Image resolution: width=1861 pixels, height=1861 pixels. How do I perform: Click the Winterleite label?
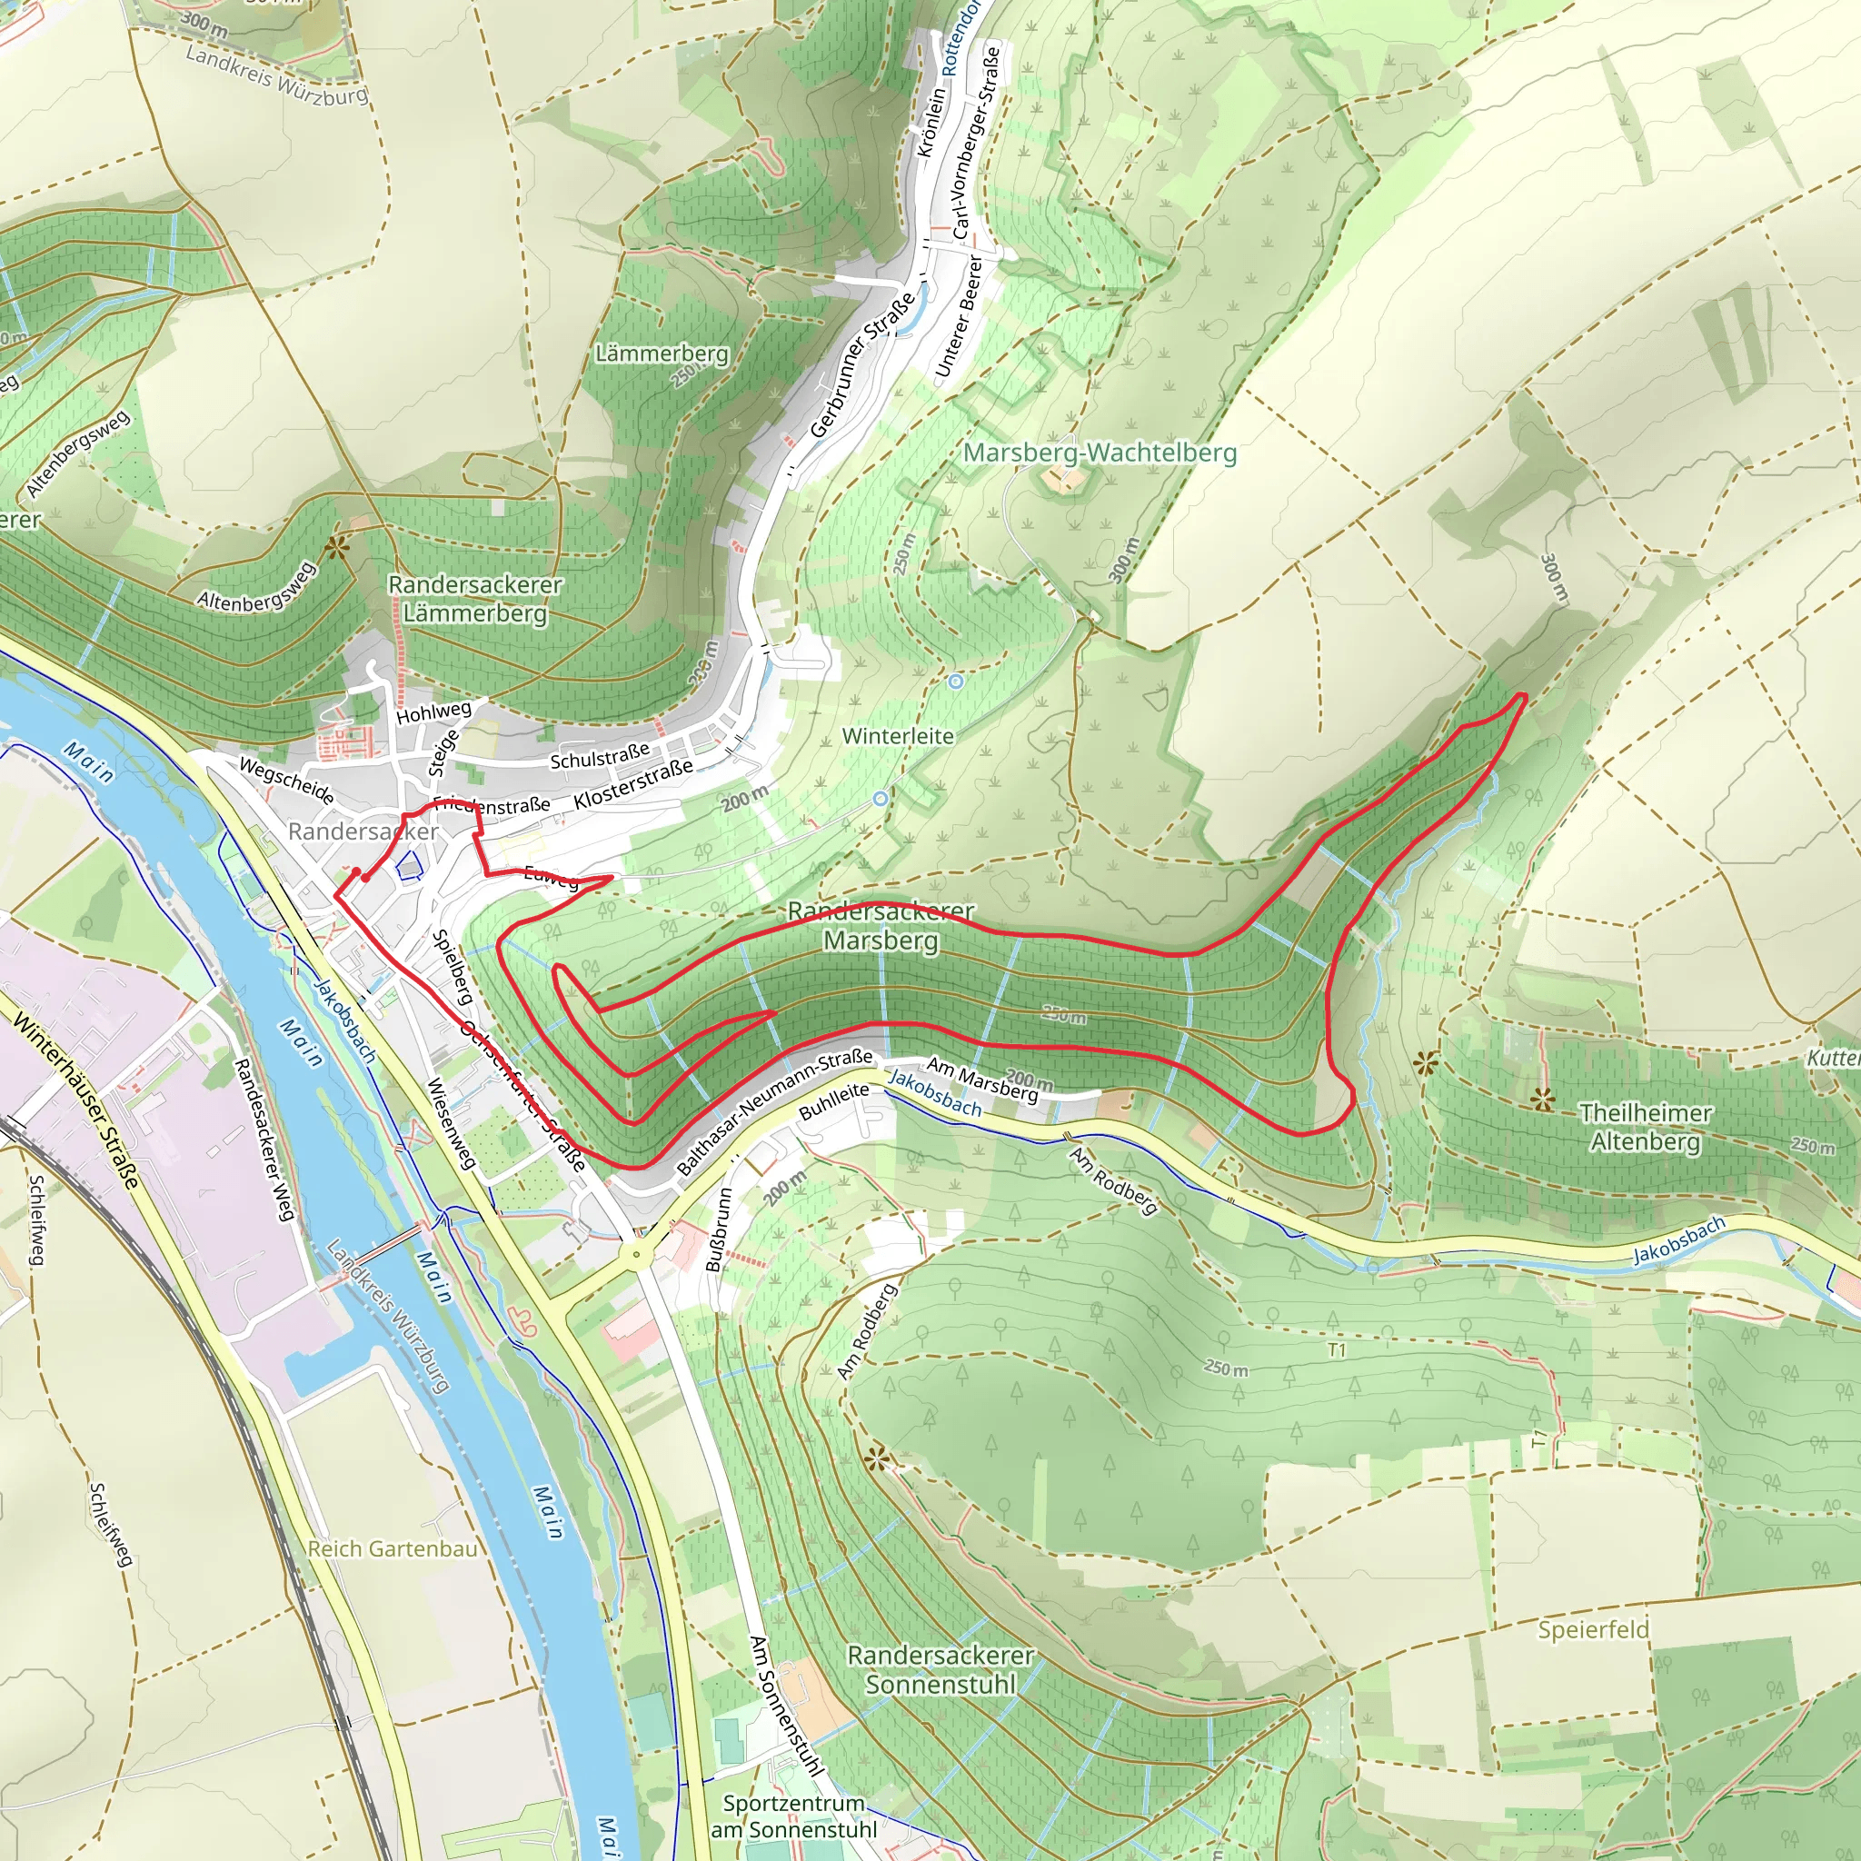point(898,736)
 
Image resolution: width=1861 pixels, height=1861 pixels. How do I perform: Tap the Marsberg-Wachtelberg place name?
point(1100,452)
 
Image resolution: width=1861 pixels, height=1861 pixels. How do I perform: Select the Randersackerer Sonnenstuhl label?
point(940,1669)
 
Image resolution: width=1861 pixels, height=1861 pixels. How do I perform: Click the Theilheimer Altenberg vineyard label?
point(1646,1127)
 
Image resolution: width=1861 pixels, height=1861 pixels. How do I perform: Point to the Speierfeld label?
point(1593,1629)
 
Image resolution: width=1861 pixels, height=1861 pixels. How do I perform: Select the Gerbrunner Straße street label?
point(862,366)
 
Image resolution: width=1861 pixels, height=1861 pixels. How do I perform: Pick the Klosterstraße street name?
point(632,784)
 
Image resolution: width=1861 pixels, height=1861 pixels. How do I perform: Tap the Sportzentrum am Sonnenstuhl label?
point(793,1816)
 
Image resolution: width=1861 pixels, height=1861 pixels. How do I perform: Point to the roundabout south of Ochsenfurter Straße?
point(636,1255)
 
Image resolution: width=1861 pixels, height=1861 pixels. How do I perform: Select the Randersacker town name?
point(363,831)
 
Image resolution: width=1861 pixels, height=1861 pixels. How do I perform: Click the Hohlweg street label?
point(434,712)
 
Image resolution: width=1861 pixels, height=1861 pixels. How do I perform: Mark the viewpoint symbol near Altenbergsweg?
point(336,549)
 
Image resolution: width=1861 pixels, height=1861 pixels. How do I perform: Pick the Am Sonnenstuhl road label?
point(786,1704)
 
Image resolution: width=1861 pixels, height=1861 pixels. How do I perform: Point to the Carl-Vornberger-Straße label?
point(977,143)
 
